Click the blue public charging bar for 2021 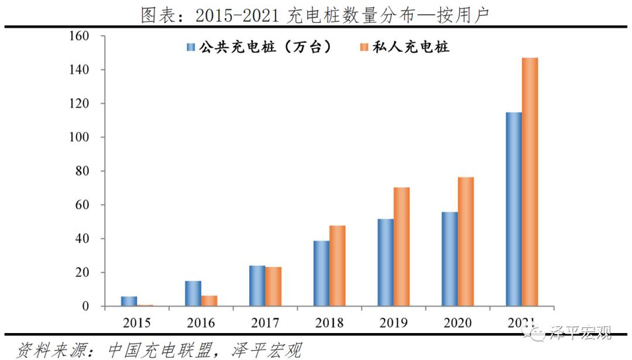(x=514, y=209)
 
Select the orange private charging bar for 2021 (x=530, y=182)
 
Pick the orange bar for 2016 (x=209, y=301)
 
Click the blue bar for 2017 (x=257, y=286)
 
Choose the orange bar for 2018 (x=337, y=266)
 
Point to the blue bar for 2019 (x=385, y=262)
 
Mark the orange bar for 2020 (x=466, y=242)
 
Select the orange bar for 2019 (x=401, y=247)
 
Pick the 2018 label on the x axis (x=329, y=323)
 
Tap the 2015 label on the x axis (x=137, y=323)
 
